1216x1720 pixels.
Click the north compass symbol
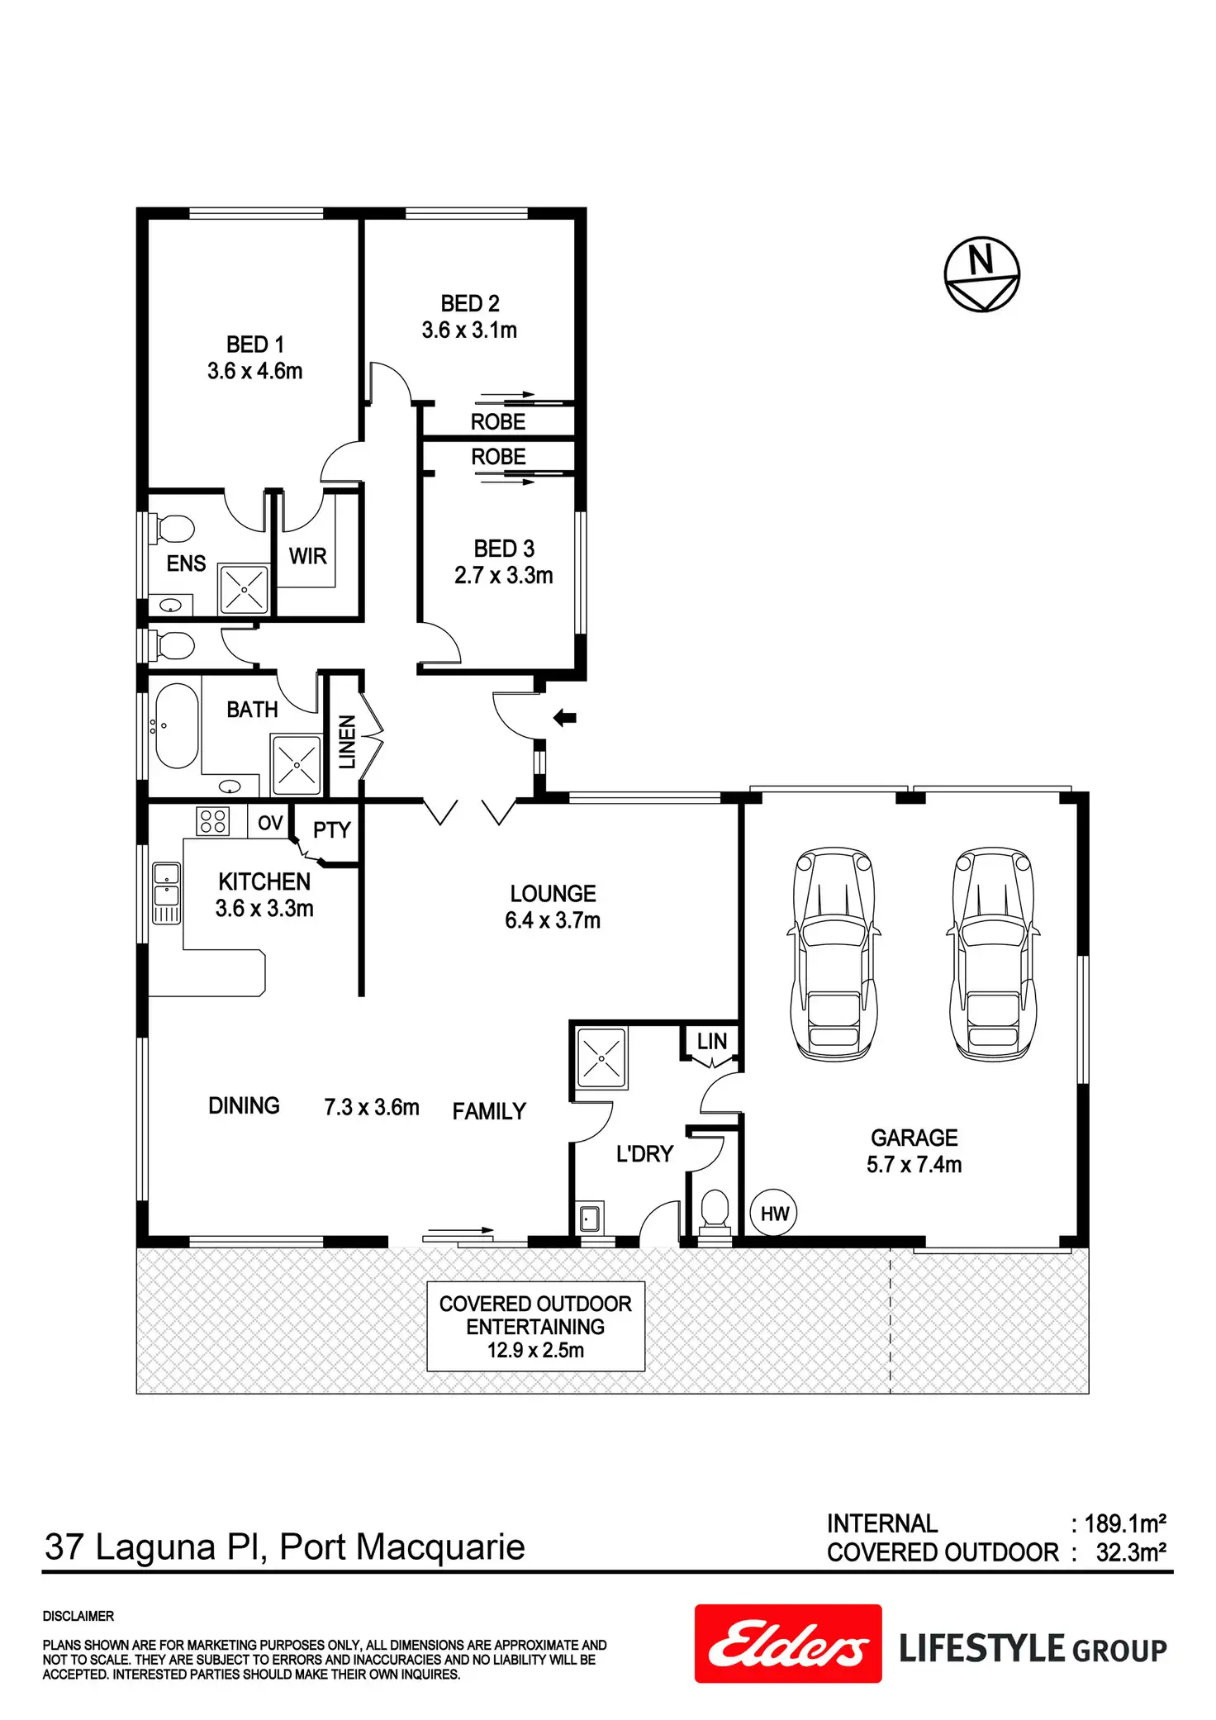[x=981, y=274]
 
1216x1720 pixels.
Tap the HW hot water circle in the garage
[x=774, y=1213]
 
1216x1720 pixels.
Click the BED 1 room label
[x=255, y=344]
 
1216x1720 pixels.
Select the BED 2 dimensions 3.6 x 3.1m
[x=469, y=330]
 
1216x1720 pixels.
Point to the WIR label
[x=307, y=556]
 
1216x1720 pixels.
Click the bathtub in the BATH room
[x=176, y=725]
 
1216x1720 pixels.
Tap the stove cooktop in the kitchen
[x=212, y=820]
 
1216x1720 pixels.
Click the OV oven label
[x=270, y=823]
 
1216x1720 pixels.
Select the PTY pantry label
[x=332, y=829]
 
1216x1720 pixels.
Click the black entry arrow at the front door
[x=564, y=718]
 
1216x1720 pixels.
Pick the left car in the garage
[x=834, y=952]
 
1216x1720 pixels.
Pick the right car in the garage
[x=993, y=952]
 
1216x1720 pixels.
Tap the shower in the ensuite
[x=244, y=589]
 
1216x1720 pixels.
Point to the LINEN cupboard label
[x=347, y=741]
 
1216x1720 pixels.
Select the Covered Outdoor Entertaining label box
[x=535, y=1326]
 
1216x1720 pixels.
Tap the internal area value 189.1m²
[x=1125, y=1523]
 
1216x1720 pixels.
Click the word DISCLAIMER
[x=78, y=1616]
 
